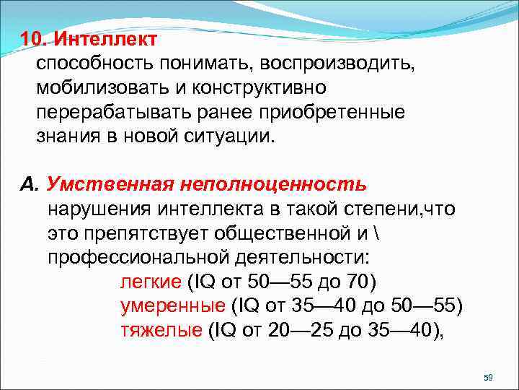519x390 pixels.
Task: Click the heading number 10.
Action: point(36,38)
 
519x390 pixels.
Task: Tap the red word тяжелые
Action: point(161,331)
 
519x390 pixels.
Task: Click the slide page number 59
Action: point(487,378)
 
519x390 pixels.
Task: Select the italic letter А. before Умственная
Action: point(28,185)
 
